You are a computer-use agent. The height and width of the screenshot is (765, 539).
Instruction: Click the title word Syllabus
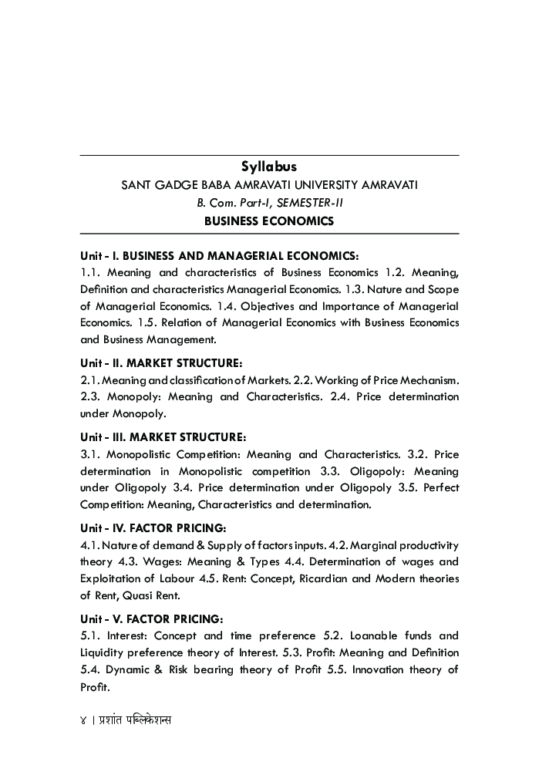[269, 167]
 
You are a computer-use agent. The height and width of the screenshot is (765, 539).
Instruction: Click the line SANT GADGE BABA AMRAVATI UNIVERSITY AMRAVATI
[269, 186]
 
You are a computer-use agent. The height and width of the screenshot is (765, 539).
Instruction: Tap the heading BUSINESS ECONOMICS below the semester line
[269, 221]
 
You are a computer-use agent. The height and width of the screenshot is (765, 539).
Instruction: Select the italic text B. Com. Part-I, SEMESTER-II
[269, 204]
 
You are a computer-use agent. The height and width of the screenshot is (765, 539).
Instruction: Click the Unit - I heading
[220, 255]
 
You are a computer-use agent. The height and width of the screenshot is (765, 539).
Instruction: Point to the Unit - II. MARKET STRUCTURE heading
[162, 362]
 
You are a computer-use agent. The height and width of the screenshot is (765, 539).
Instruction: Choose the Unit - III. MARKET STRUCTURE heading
[163, 436]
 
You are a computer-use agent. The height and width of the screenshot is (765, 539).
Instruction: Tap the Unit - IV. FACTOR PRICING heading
[153, 528]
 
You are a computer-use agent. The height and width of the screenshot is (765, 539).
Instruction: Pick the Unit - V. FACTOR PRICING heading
[152, 618]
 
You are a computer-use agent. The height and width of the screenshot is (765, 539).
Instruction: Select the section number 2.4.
[383, 396]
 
